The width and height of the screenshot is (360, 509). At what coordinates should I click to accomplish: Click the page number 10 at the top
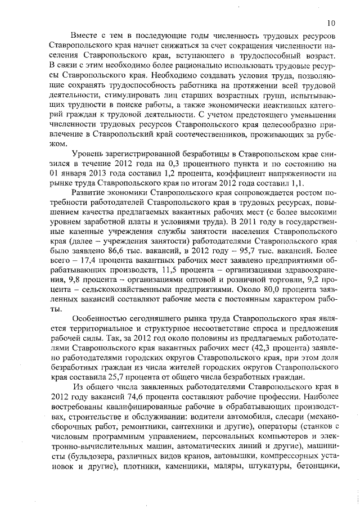click(x=330, y=23)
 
